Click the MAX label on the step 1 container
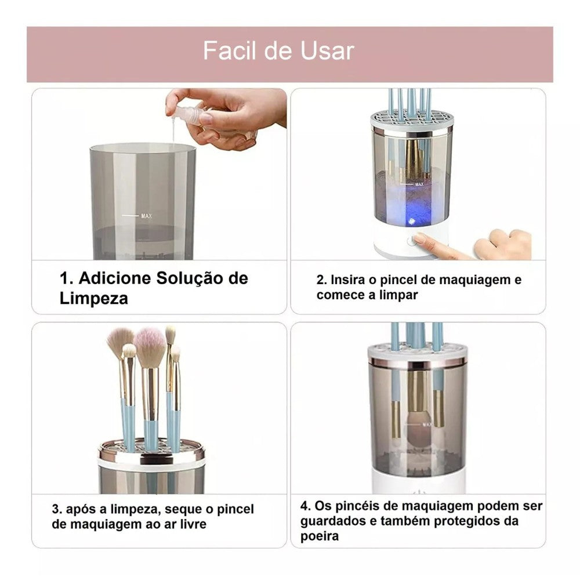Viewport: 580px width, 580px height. tap(147, 216)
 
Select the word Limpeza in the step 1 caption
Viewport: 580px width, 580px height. tap(93, 299)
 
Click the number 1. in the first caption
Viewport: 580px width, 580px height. tap(67, 278)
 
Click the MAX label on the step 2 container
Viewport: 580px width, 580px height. tap(419, 184)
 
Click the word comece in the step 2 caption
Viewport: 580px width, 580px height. tap(339, 295)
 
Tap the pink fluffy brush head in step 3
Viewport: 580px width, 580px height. tap(150, 347)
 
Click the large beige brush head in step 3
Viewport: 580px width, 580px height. tap(119, 339)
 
